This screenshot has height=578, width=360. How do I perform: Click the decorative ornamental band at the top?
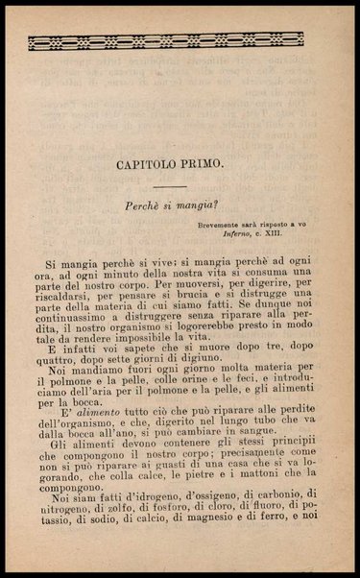[165, 40]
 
